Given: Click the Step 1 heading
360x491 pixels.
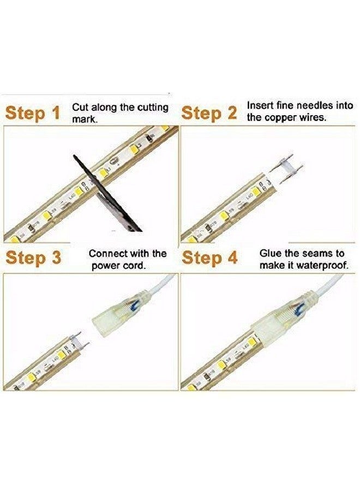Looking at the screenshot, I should (x=33, y=113).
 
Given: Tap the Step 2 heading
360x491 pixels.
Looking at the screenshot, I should (x=209, y=113).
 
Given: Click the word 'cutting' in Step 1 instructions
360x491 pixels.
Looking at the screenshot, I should (x=152, y=107).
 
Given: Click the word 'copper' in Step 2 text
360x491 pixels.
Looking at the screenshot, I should (x=281, y=117).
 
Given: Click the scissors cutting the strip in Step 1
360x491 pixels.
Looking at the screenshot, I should (x=106, y=191).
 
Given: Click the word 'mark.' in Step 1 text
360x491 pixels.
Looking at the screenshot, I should (x=85, y=118).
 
